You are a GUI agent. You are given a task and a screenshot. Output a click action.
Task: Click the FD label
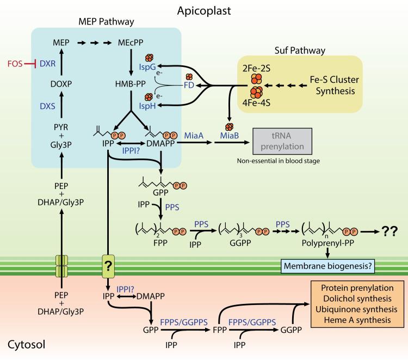(x=188, y=86)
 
